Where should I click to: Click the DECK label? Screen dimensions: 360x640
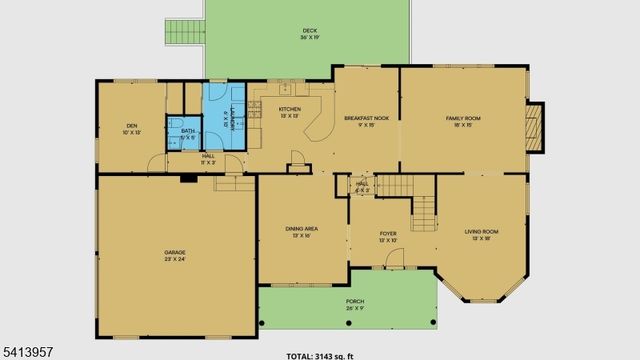click(309, 31)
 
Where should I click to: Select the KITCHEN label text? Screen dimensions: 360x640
click(290, 108)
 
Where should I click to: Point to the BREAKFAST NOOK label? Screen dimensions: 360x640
click(366, 118)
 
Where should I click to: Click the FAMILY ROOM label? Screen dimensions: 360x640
click(463, 118)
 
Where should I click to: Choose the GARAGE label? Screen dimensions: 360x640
click(175, 252)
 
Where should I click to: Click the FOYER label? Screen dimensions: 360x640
click(388, 233)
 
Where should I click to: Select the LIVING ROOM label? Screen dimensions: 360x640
click(481, 232)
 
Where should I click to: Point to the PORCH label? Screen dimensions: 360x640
click(354, 300)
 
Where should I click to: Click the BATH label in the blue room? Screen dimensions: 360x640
click(188, 131)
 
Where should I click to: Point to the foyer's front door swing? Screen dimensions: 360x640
click(394, 259)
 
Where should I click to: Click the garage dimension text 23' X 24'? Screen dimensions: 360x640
click(175, 259)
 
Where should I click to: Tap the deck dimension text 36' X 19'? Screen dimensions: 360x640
click(309, 39)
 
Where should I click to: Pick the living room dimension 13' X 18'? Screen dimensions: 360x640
click(481, 239)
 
